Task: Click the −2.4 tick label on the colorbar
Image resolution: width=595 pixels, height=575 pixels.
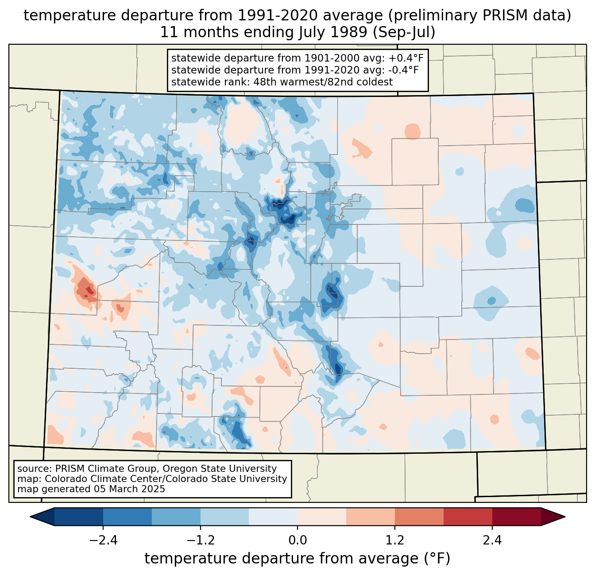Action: (103, 540)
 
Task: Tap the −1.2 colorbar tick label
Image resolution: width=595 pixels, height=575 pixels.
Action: (201, 540)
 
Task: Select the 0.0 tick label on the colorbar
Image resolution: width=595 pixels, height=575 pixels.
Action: (297, 540)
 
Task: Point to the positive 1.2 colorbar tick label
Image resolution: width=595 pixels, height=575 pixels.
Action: (395, 540)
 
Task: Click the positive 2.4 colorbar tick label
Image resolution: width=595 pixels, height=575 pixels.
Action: (492, 540)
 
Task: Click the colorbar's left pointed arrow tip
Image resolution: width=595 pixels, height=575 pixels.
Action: (30, 517)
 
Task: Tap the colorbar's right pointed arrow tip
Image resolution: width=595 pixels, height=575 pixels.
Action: (565, 517)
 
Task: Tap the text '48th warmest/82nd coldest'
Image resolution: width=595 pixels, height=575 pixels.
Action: (323, 82)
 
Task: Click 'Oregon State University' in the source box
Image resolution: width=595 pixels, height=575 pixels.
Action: (220, 469)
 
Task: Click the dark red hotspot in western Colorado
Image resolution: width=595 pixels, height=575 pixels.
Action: (90, 290)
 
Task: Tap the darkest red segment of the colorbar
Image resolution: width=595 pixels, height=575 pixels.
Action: (517, 517)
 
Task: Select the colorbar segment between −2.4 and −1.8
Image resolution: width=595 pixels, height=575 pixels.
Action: (127, 517)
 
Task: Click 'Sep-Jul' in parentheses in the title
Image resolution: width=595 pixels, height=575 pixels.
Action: (404, 32)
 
